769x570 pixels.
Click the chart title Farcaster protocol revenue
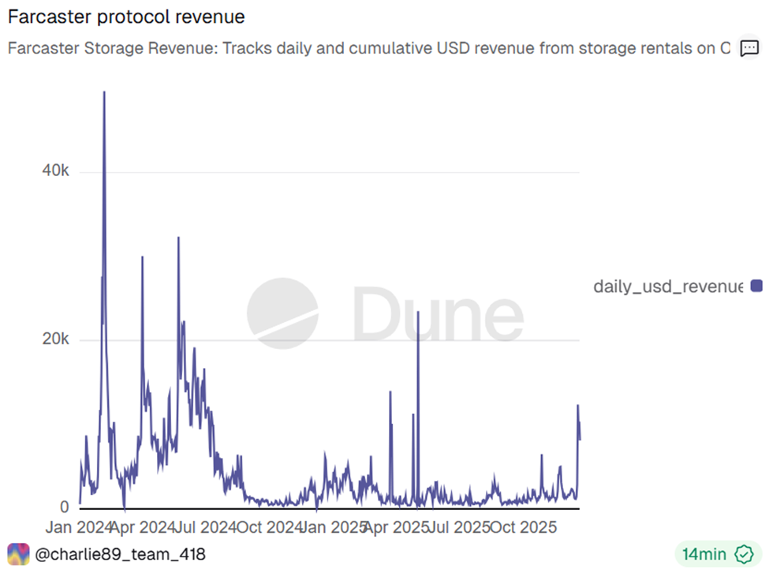tap(125, 16)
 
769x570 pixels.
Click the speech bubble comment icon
tap(748, 48)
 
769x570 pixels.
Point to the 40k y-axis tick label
tap(55, 171)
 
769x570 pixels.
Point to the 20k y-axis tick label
tap(55, 339)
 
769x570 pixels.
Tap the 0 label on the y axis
tap(64, 507)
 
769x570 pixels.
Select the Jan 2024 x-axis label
tap(79, 527)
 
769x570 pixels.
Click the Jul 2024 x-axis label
tap(207, 527)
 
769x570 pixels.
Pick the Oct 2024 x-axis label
tap(271, 527)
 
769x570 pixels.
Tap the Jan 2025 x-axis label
tap(334, 527)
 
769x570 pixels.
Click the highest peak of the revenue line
tap(104, 93)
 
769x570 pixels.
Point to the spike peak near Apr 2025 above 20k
tap(418, 313)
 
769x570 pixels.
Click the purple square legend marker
tap(756, 286)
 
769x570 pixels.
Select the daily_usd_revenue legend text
tap(667, 286)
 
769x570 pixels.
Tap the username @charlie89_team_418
tap(121, 554)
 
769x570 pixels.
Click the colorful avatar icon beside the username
tap(18, 554)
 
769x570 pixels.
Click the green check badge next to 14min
tap(743, 554)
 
